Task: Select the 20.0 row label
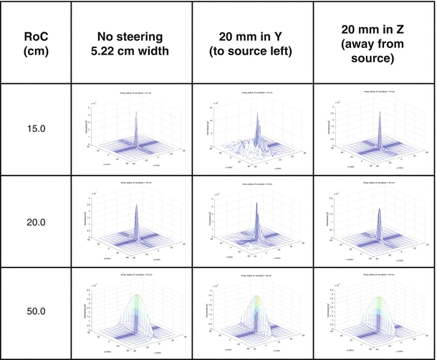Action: (x=35, y=223)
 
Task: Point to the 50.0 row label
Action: (x=35, y=313)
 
